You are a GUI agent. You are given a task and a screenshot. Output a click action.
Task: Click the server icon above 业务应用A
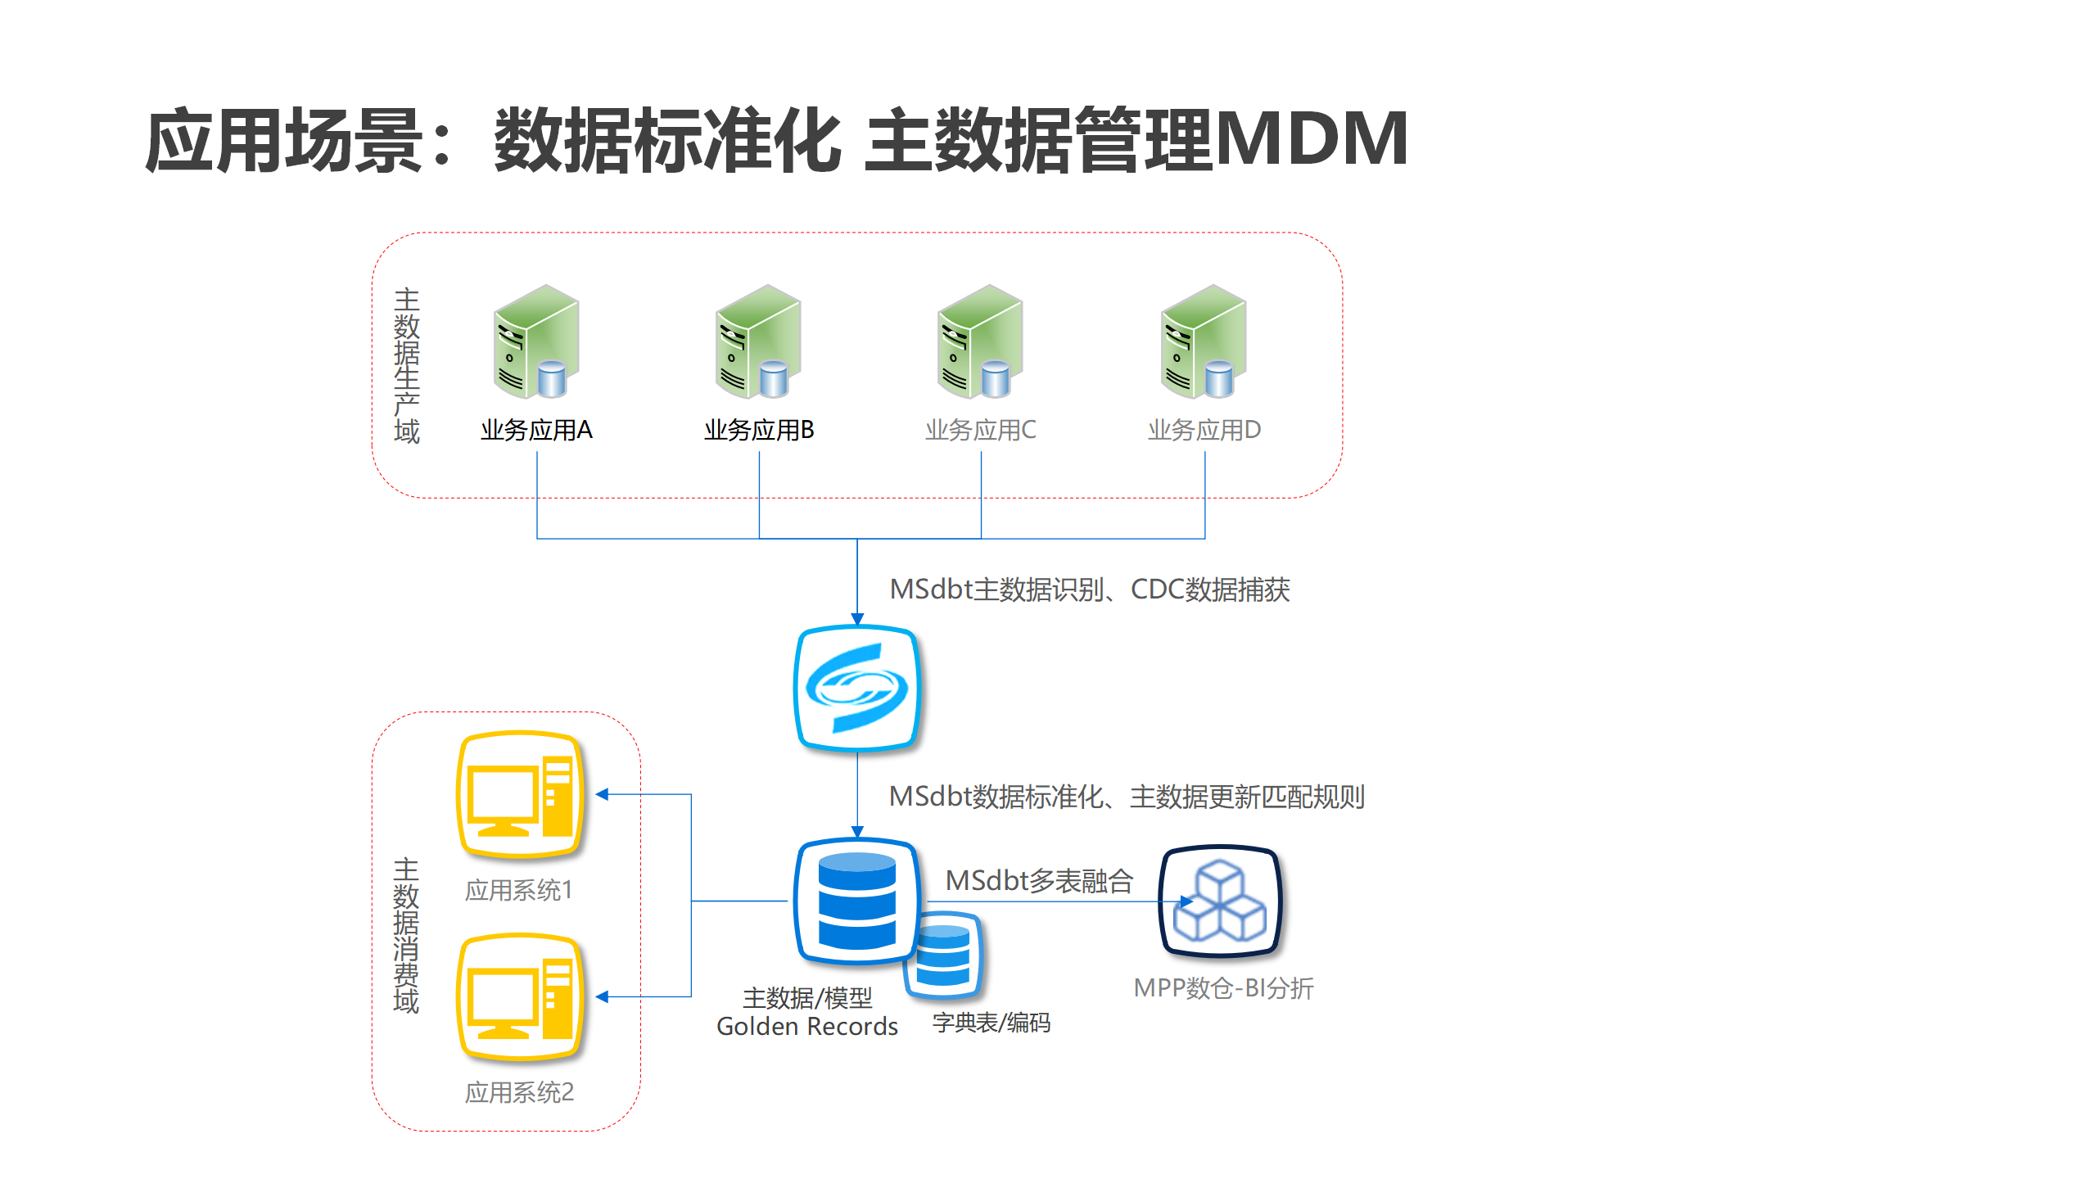[536, 341]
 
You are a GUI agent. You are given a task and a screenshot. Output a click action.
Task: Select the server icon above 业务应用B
[758, 341]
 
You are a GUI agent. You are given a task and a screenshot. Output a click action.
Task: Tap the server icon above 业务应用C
[980, 341]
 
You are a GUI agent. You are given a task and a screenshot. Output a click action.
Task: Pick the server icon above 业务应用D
[1204, 341]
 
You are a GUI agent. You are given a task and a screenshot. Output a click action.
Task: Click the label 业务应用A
[536, 430]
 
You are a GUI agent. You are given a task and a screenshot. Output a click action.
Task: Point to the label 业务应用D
[1204, 430]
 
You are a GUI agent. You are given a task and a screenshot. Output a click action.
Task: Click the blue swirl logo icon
[856, 688]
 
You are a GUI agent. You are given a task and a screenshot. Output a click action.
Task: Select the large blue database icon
[856, 901]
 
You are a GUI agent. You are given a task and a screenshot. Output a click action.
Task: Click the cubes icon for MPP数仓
[1220, 901]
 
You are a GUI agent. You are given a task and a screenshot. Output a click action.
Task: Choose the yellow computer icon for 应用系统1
[521, 794]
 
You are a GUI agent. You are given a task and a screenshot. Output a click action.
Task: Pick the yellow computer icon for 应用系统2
[521, 997]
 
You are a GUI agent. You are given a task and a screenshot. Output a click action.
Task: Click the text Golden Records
[806, 1027]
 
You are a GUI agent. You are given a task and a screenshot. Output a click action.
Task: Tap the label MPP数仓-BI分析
[1223, 988]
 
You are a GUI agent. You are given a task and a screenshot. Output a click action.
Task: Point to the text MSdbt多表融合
[1039, 881]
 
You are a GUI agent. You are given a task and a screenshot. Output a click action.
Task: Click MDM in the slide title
[1312, 139]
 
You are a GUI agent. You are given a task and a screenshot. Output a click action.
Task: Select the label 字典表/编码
[991, 1023]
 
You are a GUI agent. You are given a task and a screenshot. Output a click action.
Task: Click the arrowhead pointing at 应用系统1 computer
[603, 794]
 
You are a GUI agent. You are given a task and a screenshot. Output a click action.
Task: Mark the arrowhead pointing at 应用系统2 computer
[603, 996]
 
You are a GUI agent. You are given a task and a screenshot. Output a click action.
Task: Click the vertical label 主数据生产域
[406, 365]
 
